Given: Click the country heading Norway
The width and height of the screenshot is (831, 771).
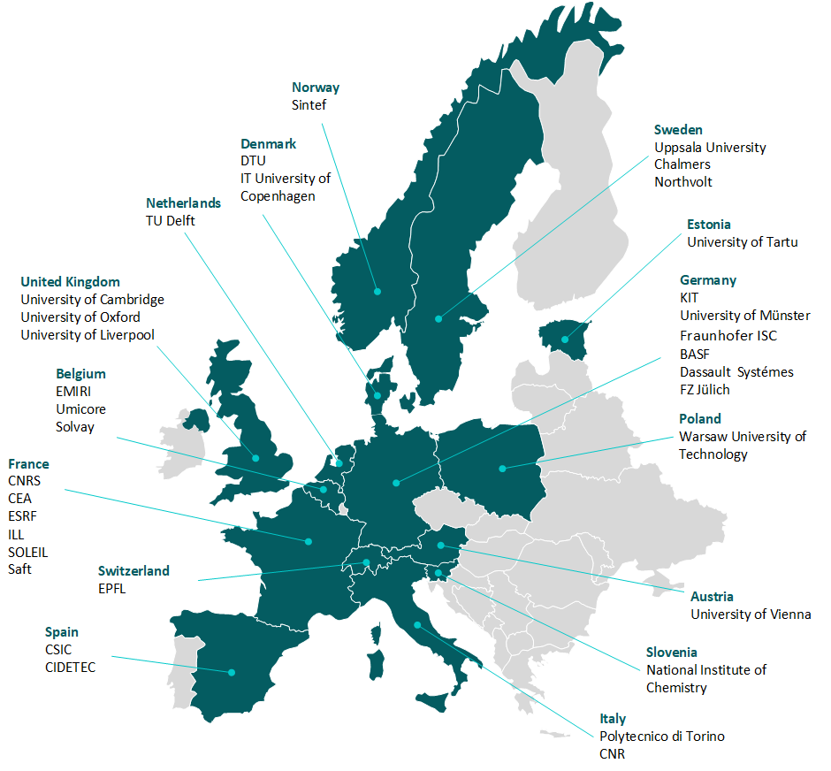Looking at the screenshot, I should coord(316,88).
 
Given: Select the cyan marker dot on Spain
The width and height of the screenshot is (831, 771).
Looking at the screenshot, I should coord(232,672).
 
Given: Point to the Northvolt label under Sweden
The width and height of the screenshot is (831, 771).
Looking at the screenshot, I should coord(682,181).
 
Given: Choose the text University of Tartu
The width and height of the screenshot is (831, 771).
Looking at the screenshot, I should coord(742,241).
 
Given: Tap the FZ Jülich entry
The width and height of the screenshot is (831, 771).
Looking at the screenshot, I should coord(705,389).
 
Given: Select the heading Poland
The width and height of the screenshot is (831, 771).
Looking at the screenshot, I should coord(699,418).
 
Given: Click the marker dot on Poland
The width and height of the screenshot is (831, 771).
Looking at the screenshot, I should coord(502,468).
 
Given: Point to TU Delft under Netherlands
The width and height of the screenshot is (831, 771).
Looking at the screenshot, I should coord(171,220).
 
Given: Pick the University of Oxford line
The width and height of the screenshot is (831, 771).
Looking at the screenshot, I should coord(80,317).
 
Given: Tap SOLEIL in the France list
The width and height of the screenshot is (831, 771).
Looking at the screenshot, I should coord(28,552).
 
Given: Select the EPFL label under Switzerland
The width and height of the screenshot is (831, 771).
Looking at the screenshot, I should coord(112,588).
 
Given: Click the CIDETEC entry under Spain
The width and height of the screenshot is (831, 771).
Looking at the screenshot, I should coord(70,667).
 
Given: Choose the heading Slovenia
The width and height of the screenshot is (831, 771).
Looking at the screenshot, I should coord(671,652).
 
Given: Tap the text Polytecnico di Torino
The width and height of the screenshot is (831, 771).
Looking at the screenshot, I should coord(662,736).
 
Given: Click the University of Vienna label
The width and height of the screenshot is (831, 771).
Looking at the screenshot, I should coord(750,614).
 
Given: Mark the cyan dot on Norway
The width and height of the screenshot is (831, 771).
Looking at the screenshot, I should coord(377,291).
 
